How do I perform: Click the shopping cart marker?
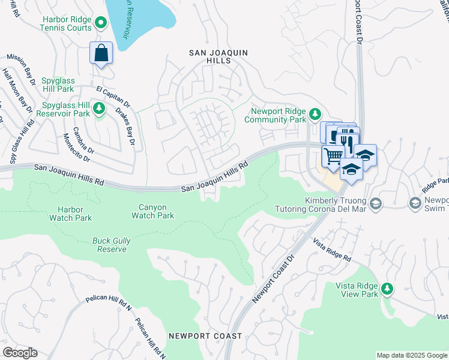click(333, 155)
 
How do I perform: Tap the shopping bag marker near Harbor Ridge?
click(101, 52)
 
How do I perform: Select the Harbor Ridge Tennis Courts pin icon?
click(101, 23)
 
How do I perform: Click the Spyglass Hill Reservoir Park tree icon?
click(100, 108)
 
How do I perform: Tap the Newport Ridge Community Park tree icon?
click(315, 113)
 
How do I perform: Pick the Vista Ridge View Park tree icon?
click(387, 289)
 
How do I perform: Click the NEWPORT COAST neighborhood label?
click(205, 336)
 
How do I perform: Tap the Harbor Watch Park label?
click(71, 214)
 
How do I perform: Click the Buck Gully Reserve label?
click(111, 245)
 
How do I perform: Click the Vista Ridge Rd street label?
click(332, 249)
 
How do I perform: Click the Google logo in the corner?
click(20, 352)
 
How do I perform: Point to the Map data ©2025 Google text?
click(411, 355)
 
